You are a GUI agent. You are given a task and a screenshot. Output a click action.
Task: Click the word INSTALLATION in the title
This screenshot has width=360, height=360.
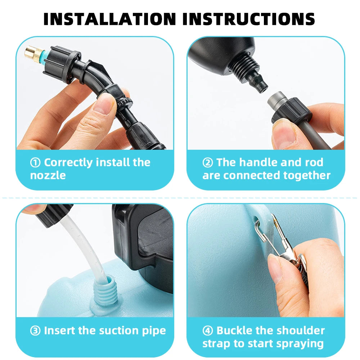pyautogui.click(x=110, y=19)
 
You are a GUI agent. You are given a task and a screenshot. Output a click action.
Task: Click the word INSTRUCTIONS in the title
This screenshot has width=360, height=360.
pyautogui.click(x=248, y=19)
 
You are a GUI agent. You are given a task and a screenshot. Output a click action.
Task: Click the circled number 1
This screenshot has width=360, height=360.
pyautogui.click(x=35, y=163)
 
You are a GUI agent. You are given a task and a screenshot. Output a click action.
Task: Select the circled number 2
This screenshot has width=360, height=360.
pyautogui.click(x=208, y=163)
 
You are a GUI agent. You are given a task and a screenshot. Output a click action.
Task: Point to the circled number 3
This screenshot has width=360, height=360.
pyautogui.click(x=35, y=330)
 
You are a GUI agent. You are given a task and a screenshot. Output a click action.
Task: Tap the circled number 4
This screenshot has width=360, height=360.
pyautogui.click(x=208, y=330)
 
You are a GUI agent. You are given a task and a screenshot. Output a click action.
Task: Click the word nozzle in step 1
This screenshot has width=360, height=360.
pyautogui.click(x=48, y=176)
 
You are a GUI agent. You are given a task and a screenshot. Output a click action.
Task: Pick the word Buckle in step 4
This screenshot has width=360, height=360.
pyautogui.click(x=234, y=330)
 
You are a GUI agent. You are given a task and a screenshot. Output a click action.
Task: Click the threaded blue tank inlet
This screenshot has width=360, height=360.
pyautogui.click(x=107, y=288)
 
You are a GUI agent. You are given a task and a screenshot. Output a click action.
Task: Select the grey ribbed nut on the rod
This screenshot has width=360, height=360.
pyautogui.click(x=288, y=110)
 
